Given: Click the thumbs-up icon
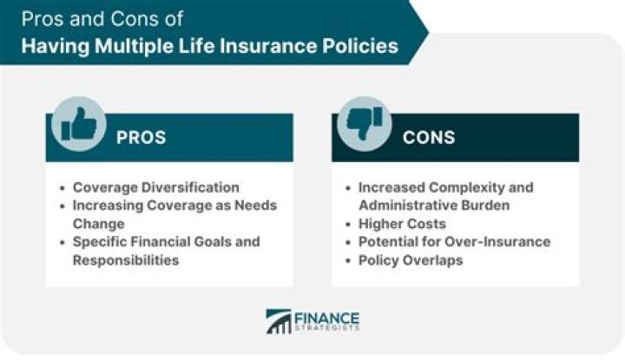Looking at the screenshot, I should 78,124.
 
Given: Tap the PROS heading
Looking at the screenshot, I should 141,138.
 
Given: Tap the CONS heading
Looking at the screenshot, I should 428,138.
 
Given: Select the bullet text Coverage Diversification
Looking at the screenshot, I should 156,187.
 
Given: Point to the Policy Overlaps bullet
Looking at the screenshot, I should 411,259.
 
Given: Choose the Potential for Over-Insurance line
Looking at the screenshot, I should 454,241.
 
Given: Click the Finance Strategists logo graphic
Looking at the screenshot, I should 279,321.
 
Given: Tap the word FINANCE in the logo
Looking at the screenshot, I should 327,316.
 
